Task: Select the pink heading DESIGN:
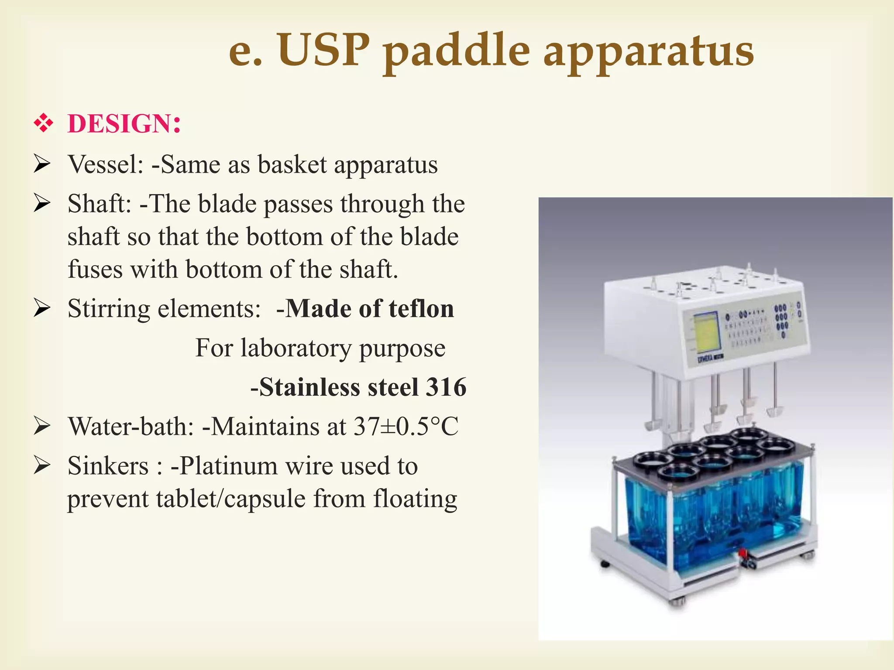pos(124,123)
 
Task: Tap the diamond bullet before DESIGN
pos(43,123)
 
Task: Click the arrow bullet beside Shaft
pos(42,204)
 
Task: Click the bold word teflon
pos(421,309)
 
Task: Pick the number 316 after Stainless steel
pos(446,387)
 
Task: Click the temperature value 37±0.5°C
pos(406,427)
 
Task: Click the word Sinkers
pos(108,466)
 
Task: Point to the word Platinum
pos(229,466)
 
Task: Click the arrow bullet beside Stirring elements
pos(42,309)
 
